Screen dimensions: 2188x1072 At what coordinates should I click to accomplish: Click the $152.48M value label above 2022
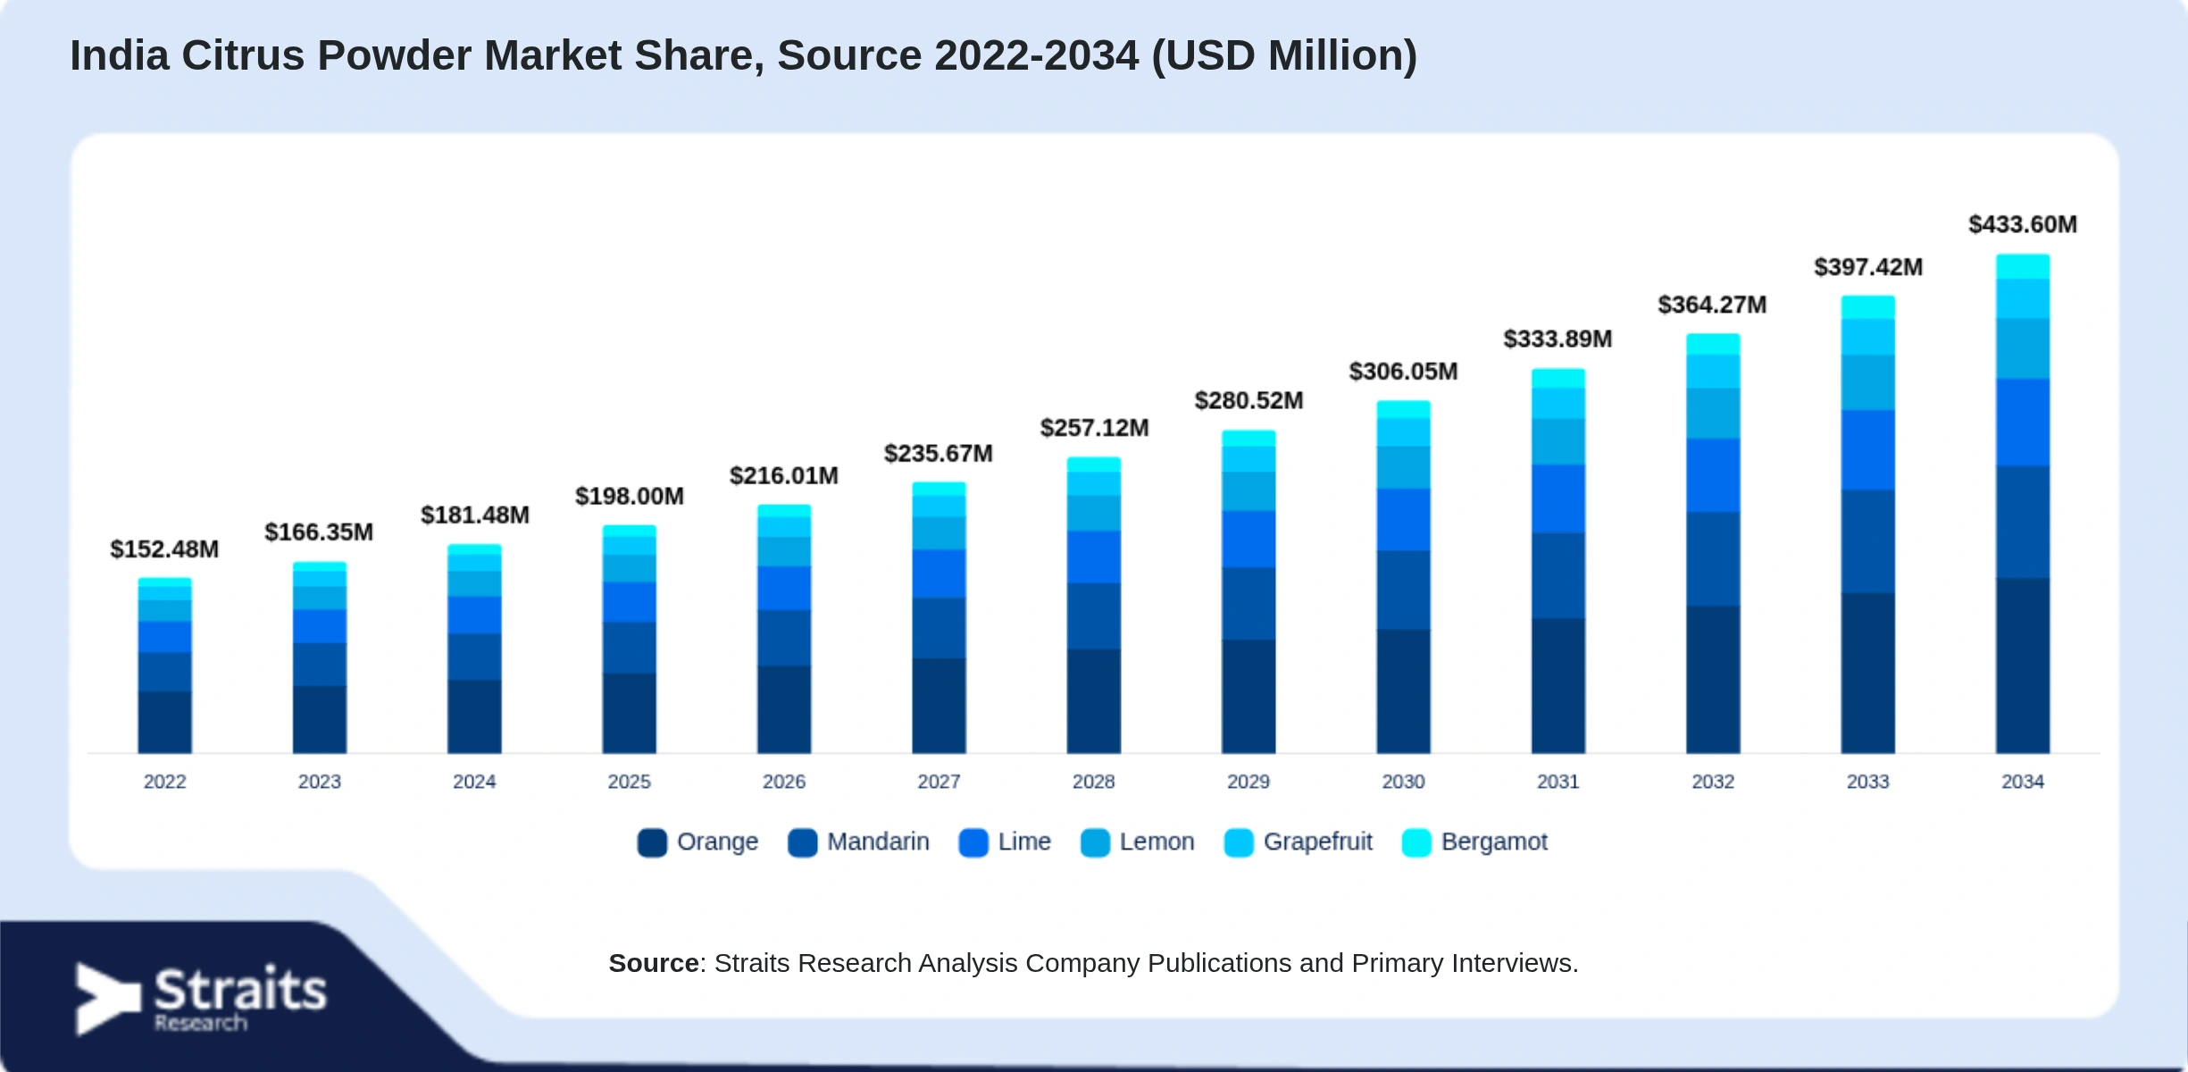(164, 549)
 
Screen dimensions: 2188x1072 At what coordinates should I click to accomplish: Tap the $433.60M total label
(2023, 224)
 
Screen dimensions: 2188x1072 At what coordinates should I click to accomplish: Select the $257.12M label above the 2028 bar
(1094, 428)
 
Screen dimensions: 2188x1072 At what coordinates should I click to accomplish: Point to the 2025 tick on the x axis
(630, 782)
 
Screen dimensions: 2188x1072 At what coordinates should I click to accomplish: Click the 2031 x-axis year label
(1558, 782)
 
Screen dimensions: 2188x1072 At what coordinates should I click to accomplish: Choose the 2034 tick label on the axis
(2023, 782)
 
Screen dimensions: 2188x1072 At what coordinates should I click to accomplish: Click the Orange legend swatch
(652, 842)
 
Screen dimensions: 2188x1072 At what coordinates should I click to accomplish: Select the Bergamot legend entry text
(1494, 842)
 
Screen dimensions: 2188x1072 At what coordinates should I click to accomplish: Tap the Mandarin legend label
(878, 842)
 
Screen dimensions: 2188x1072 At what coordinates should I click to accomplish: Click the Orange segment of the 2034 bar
(2023, 666)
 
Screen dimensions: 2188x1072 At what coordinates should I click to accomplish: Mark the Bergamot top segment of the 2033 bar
(1868, 307)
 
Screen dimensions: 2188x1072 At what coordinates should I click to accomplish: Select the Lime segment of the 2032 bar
(1713, 475)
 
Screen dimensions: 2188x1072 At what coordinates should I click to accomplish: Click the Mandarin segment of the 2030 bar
(1403, 590)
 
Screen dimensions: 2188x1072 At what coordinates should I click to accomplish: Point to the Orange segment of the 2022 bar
(164, 722)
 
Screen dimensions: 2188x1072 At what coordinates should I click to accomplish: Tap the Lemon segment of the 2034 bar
(2023, 348)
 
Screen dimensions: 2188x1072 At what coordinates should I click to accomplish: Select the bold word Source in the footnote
(654, 963)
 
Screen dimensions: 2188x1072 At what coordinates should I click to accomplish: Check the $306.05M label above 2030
(1403, 372)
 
